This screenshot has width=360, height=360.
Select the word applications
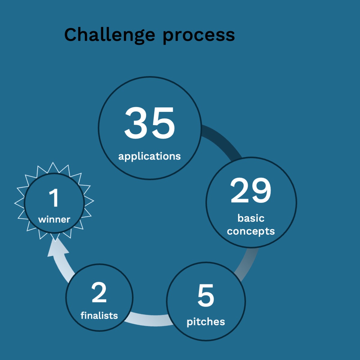pyautogui.click(x=149, y=157)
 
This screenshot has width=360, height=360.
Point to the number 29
pyautogui.click(x=251, y=190)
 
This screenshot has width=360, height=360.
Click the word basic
pyautogui.click(x=251, y=218)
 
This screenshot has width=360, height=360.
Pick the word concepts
pyautogui.click(x=251, y=232)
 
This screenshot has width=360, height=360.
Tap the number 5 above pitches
pyautogui.click(x=206, y=295)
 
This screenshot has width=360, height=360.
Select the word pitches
pyautogui.click(x=206, y=322)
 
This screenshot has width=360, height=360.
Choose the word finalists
pyautogui.click(x=99, y=316)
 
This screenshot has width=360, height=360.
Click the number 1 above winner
pyautogui.click(x=54, y=198)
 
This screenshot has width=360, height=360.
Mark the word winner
pyautogui.click(x=54, y=220)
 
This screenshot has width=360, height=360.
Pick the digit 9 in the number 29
pyautogui.click(x=261, y=190)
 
